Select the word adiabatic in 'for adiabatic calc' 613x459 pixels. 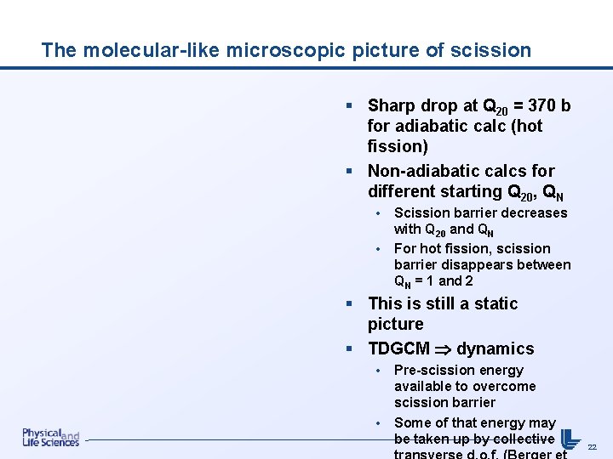tap(428, 127)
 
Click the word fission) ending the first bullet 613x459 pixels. tap(398, 147)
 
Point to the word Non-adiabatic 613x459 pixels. tap(420, 171)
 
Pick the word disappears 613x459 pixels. tap(481, 264)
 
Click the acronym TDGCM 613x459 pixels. tap(398, 348)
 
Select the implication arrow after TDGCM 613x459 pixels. tap(443, 349)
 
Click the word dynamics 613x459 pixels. tap(496, 348)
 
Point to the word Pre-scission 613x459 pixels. tap(435, 370)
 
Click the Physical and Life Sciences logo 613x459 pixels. tap(50, 438)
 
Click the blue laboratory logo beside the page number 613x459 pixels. tap(570, 437)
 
